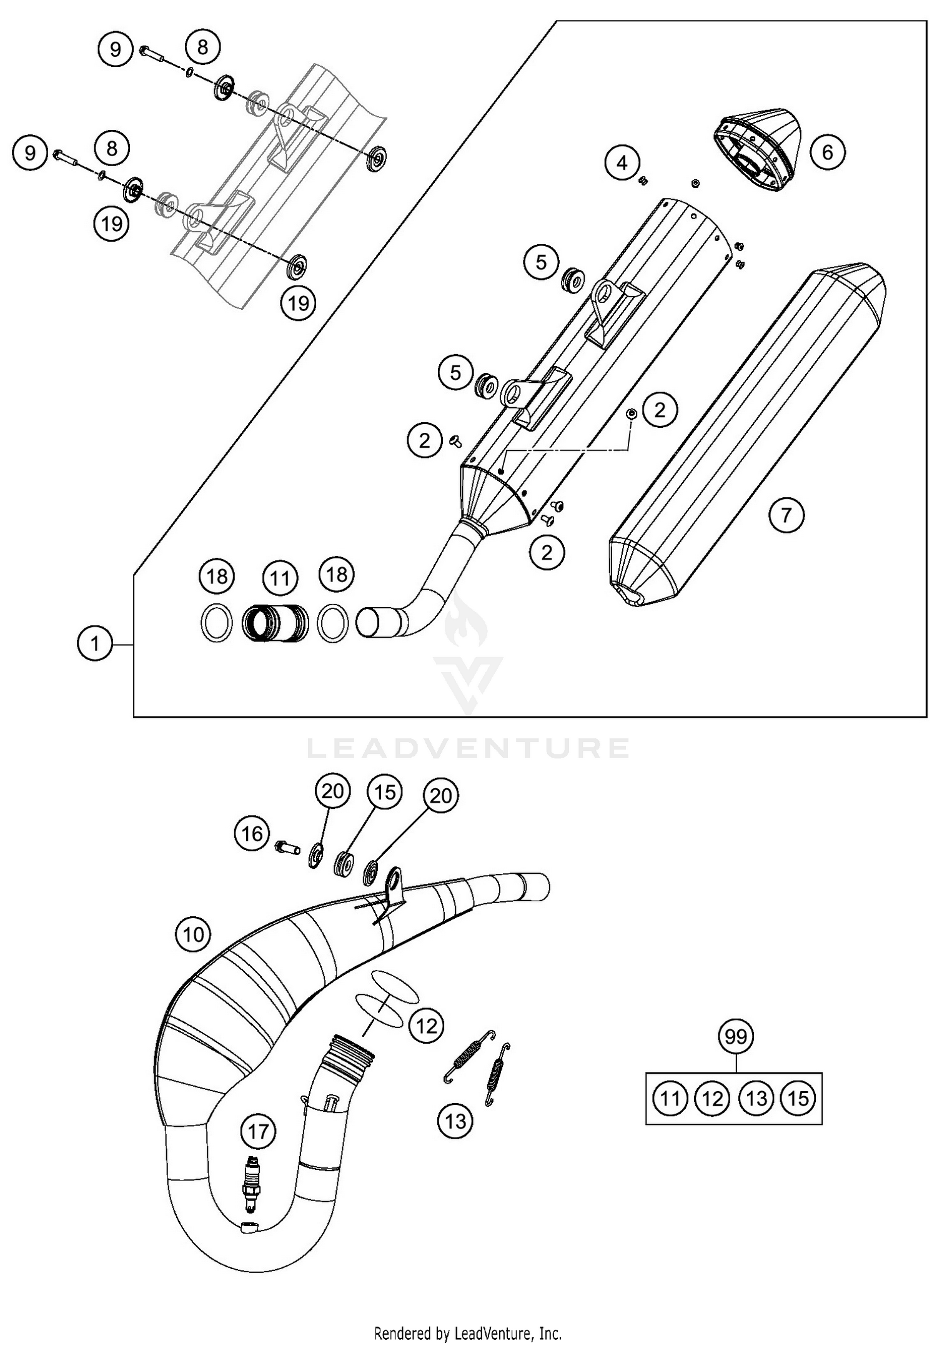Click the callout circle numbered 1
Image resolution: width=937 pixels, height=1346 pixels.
95,643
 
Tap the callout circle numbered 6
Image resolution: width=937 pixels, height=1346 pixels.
828,152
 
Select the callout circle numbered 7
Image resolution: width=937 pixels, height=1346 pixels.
786,515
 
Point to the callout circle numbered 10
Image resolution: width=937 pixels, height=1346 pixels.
194,934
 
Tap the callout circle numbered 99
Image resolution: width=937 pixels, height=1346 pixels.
736,1037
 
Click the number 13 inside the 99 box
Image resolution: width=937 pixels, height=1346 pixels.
756,1098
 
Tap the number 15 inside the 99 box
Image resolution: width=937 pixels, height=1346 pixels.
799,1098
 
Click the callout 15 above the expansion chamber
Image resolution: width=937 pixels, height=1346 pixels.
385,792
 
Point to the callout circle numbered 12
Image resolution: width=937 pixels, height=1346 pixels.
427,1026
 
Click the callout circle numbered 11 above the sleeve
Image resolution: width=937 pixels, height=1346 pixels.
279,578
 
